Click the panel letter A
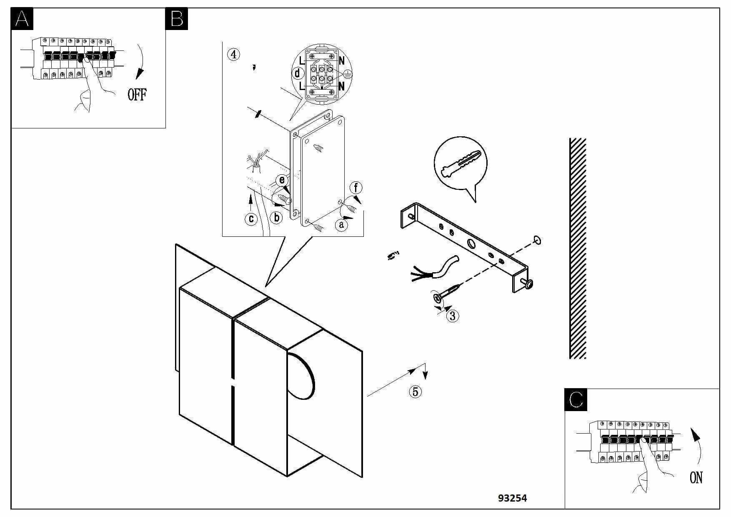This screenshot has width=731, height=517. [22, 19]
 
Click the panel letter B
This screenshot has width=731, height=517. [177, 19]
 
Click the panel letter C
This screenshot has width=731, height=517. [576, 399]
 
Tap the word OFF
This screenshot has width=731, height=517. [137, 95]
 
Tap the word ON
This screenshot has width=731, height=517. [696, 477]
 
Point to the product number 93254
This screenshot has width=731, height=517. [512, 498]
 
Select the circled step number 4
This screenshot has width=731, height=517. [234, 54]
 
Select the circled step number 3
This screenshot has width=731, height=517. [453, 316]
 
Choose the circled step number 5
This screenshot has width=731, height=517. [415, 392]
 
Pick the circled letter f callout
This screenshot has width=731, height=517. [356, 188]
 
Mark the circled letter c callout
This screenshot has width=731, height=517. [251, 218]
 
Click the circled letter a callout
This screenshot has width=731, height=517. [341, 225]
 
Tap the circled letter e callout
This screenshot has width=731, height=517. [282, 180]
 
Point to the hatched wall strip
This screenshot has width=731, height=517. [578, 248]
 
